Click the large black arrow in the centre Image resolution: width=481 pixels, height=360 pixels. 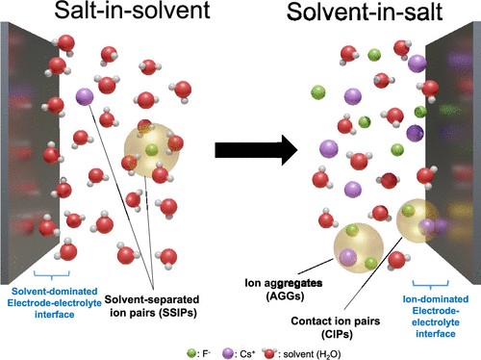pos(256,150)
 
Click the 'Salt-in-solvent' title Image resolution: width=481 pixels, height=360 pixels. pos(132,10)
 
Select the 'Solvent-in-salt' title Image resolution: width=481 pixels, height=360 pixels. pos(365,12)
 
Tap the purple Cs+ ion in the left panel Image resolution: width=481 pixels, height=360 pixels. pos(85,96)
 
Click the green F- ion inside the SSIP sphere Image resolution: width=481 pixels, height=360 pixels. pos(152,149)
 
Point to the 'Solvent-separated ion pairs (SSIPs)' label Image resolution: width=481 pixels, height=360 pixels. pos(152,306)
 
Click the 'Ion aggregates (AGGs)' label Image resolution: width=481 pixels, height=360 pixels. pos(284,290)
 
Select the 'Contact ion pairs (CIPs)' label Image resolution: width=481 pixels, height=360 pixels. pos(336,327)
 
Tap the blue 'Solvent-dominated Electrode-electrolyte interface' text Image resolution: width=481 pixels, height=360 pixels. pos(55,303)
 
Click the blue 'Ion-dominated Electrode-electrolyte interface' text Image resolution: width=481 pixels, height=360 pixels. pos(436,317)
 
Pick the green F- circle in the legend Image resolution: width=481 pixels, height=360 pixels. pos(191,353)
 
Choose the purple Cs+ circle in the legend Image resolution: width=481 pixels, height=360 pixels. pos(227,353)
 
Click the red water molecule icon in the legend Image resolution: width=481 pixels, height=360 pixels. pos(269,353)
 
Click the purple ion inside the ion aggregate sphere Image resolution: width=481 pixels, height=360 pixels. pos(348,257)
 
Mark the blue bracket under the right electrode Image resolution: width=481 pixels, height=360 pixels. pos(431,284)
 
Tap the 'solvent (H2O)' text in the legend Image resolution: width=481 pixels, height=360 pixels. pos(312,354)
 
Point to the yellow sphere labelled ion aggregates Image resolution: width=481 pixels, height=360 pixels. pos(359,247)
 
